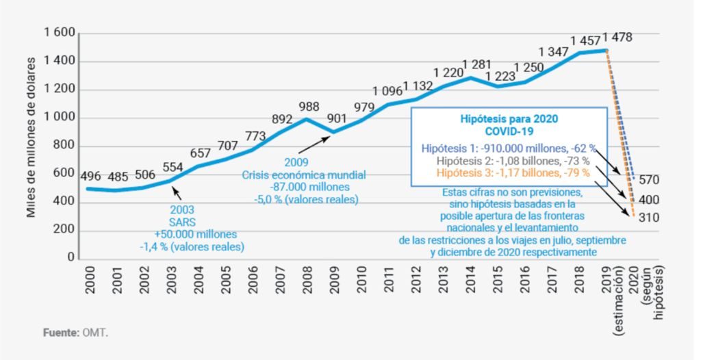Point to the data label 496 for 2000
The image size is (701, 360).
[90, 176]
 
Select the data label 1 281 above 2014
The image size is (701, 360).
[477, 65]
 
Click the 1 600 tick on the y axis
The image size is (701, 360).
[59, 33]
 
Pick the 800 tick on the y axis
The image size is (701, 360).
[63, 146]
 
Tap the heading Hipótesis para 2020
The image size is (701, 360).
[509, 118]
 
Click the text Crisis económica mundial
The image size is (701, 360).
[303, 175]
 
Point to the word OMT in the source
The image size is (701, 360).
[96, 333]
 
